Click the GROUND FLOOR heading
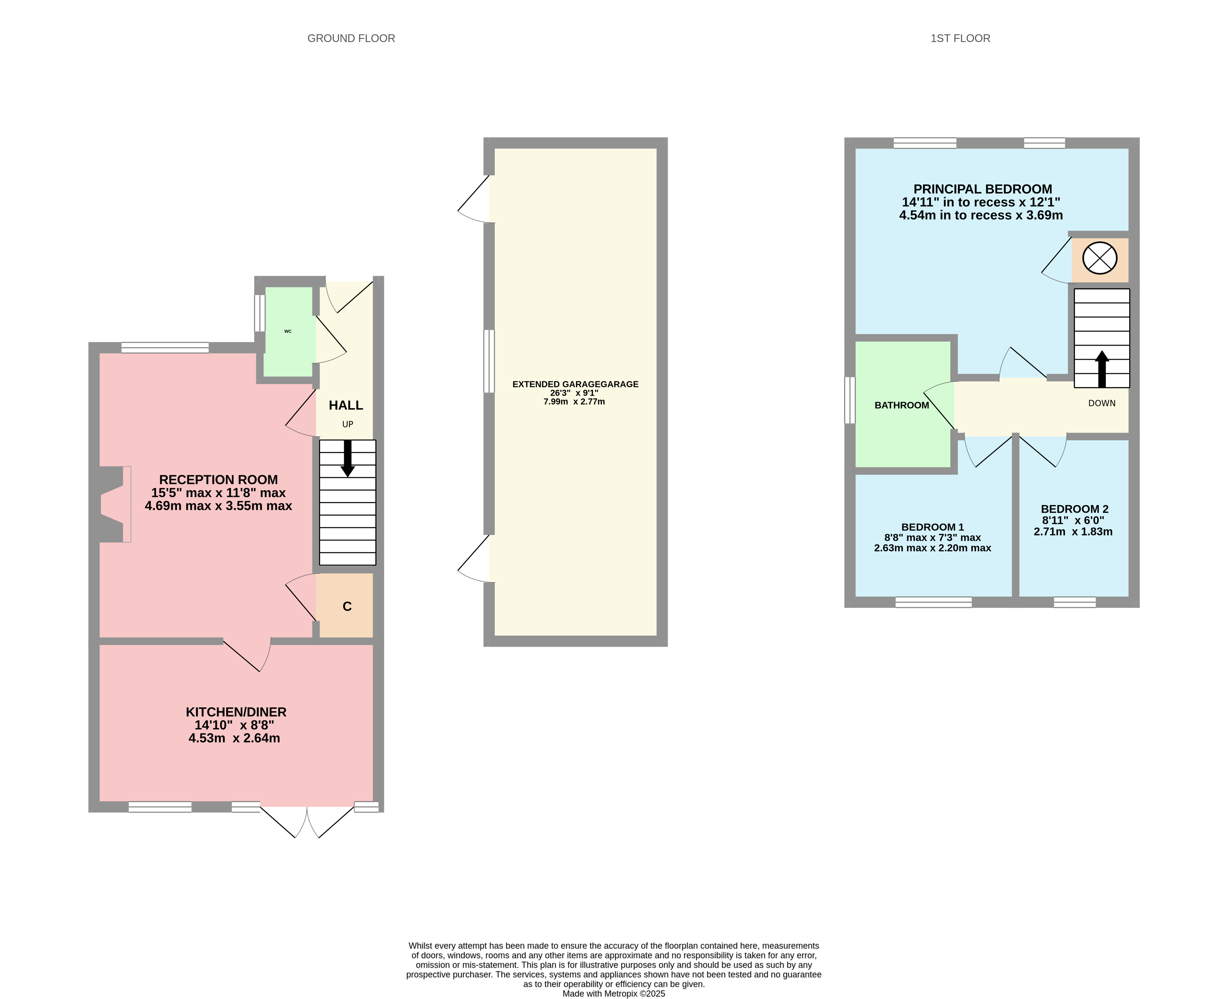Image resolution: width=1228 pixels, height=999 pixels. [351, 39]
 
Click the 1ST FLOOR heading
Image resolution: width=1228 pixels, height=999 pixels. [960, 39]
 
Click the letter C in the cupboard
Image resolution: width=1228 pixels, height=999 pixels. [347, 606]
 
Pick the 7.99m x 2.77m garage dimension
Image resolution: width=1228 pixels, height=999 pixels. [574, 402]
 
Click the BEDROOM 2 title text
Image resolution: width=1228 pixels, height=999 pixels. [1074, 509]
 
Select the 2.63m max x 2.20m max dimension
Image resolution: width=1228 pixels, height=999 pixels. [932, 548]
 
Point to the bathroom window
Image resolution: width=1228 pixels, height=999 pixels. [850, 400]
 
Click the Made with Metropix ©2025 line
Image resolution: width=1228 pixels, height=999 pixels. [613, 993]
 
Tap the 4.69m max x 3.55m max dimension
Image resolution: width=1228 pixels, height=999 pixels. [218, 506]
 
